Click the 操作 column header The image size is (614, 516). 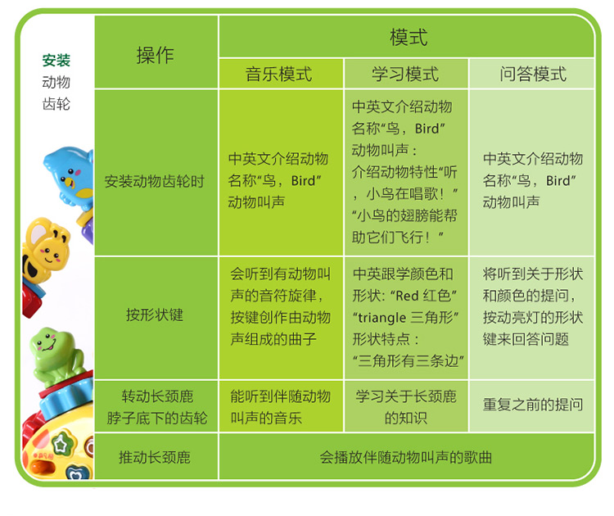click(x=155, y=55)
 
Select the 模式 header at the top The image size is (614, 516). click(x=409, y=38)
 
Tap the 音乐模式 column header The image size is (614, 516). click(x=279, y=74)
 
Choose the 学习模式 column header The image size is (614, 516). click(x=405, y=74)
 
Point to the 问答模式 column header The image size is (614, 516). click(x=533, y=74)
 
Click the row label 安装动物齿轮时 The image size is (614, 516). click(x=155, y=181)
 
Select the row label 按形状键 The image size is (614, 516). click(x=155, y=315)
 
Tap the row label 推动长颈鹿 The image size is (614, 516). click(x=155, y=457)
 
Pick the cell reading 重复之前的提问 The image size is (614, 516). click(x=533, y=405)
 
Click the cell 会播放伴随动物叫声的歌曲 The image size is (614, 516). click(x=406, y=457)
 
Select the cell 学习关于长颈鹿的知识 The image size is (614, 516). click(x=406, y=407)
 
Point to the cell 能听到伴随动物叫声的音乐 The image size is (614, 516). click(x=280, y=407)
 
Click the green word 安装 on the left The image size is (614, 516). click(x=56, y=61)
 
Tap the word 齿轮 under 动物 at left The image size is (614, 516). click(x=56, y=104)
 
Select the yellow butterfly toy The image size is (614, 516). click(x=46, y=251)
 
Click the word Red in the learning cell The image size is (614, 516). click(x=407, y=296)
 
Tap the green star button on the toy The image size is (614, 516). click(x=61, y=444)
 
